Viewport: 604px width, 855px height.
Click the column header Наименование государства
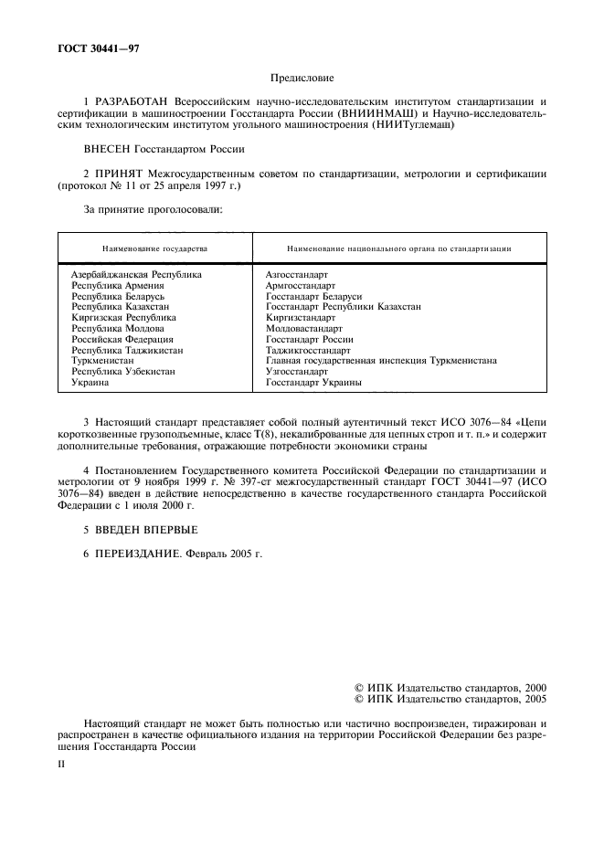click(154, 248)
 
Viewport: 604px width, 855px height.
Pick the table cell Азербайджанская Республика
click(136, 274)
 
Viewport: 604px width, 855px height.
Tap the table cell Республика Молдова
click(118, 328)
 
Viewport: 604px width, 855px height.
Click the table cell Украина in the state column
click(90, 383)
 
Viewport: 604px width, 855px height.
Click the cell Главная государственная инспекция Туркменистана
click(380, 361)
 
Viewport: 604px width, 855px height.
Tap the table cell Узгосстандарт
click(296, 372)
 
